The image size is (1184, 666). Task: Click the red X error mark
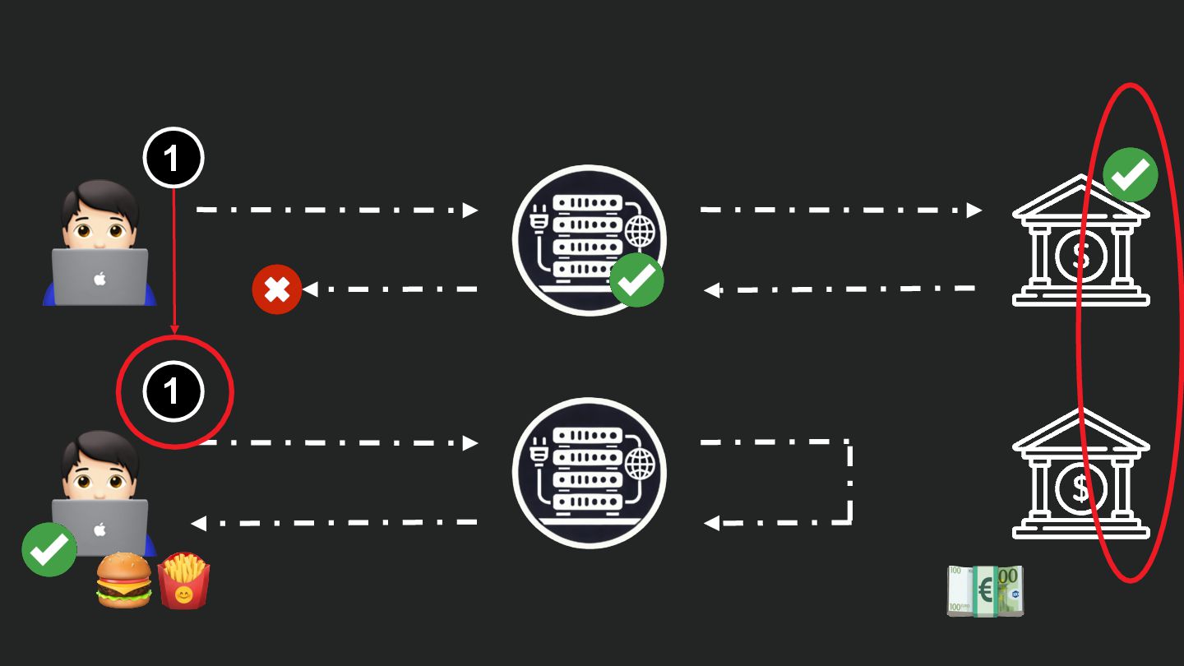[x=277, y=289]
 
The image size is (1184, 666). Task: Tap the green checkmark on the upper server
[x=636, y=280]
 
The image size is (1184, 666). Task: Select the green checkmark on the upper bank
[x=1130, y=174]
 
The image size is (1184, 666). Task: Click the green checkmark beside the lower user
[x=49, y=549]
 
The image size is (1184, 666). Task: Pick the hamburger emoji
[x=124, y=580]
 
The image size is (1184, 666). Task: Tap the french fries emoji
[x=183, y=580]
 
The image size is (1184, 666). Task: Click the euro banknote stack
[x=985, y=590]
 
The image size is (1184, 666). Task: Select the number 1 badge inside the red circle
[x=173, y=391]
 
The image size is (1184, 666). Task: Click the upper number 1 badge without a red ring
[x=173, y=158]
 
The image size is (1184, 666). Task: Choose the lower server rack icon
[x=589, y=474]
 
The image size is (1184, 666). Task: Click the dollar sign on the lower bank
[x=1080, y=490]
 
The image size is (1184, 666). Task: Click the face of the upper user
[x=99, y=223]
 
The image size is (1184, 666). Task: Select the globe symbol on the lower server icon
[x=641, y=466]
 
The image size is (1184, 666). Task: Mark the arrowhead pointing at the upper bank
[x=974, y=210]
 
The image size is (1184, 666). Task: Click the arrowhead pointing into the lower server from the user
[x=470, y=443]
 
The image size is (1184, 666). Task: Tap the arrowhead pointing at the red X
[x=310, y=289]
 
